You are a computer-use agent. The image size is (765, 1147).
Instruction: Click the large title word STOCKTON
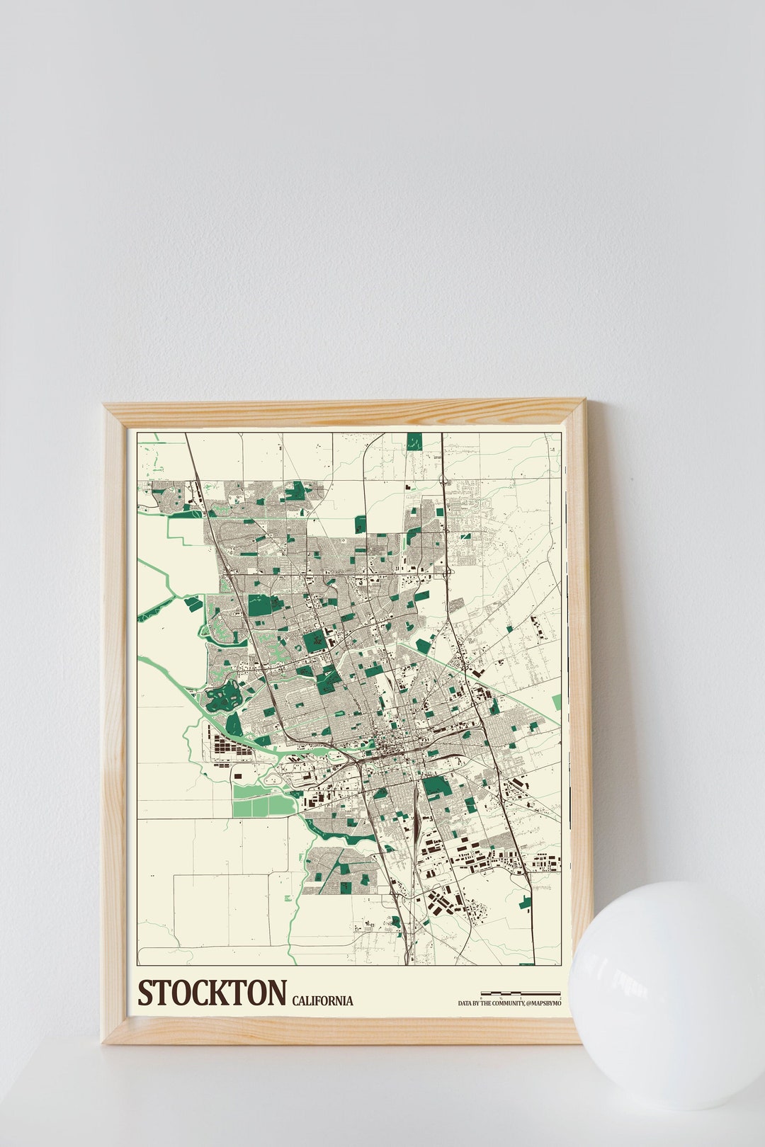(x=212, y=993)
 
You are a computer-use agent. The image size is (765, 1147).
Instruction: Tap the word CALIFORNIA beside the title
(x=322, y=1000)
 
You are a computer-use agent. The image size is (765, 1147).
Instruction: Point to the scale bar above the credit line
(x=521, y=993)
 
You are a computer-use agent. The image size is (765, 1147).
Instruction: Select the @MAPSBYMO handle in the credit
(x=543, y=1003)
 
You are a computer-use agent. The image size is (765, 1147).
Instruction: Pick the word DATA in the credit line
(x=465, y=1003)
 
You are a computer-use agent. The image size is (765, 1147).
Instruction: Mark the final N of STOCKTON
(x=276, y=993)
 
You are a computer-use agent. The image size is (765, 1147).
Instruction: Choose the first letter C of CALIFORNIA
(x=295, y=1000)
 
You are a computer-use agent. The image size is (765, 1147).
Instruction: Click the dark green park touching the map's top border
(x=414, y=440)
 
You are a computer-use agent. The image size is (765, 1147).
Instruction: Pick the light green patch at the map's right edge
(x=557, y=702)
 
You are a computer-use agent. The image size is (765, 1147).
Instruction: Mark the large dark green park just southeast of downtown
(x=436, y=785)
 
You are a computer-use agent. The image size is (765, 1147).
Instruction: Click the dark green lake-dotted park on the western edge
(x=221, y=697)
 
